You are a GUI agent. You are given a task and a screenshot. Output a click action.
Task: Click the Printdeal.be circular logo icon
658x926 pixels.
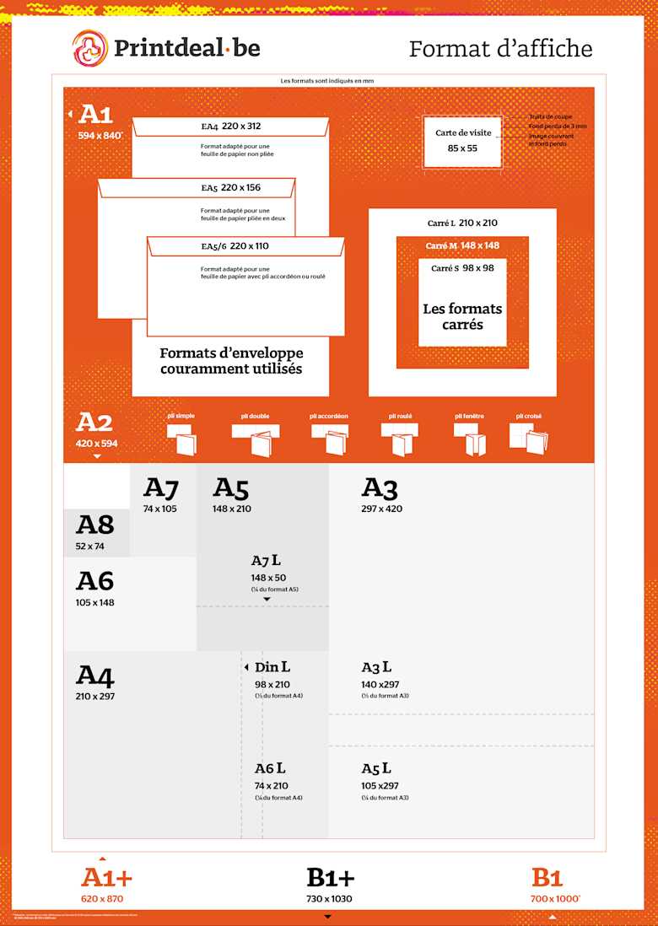coord(89,47)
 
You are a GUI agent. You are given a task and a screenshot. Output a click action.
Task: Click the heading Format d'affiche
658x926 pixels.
coord(500,48)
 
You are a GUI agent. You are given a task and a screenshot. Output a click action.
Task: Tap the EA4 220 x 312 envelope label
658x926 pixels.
coord(230,127)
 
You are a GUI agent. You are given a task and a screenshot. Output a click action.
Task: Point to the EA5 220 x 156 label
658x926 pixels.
coord(230,187)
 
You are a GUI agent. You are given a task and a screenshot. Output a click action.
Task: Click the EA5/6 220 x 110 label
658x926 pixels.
coord(234,246)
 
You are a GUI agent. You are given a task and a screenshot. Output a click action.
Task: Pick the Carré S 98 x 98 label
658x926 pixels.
coord(462,267)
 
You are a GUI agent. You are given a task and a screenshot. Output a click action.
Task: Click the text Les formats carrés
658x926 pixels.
coord(462,316)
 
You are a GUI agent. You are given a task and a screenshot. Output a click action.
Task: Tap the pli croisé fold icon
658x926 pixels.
coord(529,438)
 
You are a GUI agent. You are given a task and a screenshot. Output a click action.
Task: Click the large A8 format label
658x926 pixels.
coord(94,525)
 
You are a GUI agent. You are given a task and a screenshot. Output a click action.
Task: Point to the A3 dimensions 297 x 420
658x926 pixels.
coord(381,509)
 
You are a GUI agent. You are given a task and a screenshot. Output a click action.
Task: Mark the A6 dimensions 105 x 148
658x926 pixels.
coord(94,602)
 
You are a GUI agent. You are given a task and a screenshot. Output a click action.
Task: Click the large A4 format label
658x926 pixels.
coord(94,676)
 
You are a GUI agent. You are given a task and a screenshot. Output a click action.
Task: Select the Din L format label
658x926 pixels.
coord(272,667)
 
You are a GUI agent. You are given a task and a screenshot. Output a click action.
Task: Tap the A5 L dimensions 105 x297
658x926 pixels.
coord(380,786)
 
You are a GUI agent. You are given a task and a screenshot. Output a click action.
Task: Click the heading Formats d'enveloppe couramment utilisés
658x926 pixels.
coord(231,361)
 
